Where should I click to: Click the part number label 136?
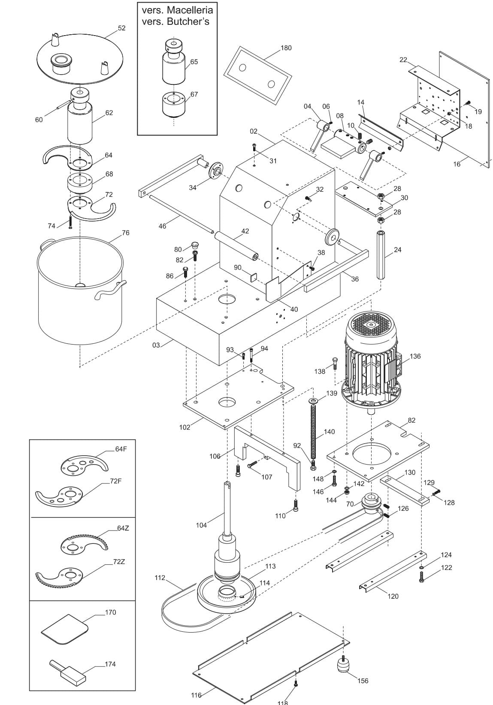point(415,356)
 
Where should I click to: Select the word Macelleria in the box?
point(190,10)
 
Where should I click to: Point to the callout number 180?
point(286,48)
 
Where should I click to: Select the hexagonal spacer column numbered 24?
point(381,255)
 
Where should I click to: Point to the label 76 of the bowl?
point(125,233)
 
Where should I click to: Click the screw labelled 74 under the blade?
point(70,221)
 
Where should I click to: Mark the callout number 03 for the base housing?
point(156,345)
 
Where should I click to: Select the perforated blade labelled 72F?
point(59,496)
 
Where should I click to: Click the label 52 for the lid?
point(121,28)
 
